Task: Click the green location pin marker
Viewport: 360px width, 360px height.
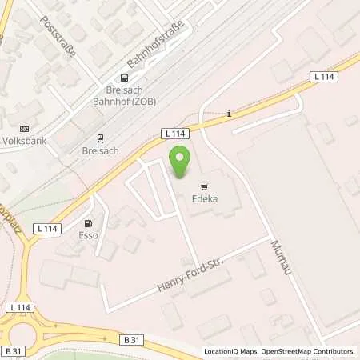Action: coord(180,163)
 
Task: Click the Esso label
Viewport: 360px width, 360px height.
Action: coord(87,236)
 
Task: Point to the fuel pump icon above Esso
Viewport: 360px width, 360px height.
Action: coord(87,223)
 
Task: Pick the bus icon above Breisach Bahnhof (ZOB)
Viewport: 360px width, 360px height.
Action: coord(124,78)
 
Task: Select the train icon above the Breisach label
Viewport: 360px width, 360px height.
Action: coord(99,136)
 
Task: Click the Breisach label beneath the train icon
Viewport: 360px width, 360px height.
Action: coord(99,150)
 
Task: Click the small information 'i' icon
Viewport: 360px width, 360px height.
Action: coord(230,113)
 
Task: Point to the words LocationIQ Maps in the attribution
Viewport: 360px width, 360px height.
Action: coord(227,351)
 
